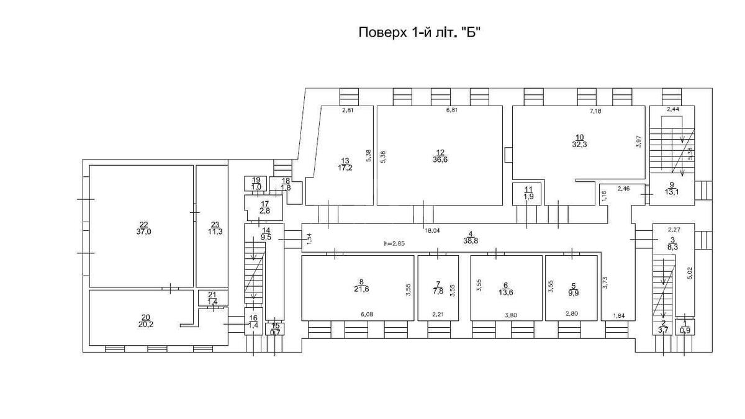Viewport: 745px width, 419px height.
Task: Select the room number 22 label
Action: click(x=143, y=224)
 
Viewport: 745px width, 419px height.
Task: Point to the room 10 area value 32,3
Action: click(x=579, y=144)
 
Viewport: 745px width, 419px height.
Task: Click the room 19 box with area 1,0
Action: click(x=256, y=184)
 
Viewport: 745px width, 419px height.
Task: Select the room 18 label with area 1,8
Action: click(x=286, y=184)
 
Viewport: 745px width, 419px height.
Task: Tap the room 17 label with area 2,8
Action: click(x=264, y=207)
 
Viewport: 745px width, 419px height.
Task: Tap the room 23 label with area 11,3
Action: click(x=215, y=228)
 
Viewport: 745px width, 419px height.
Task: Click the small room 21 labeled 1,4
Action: click(x=212, y=298)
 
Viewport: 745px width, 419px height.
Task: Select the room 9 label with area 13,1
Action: click(x=671, y=188)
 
